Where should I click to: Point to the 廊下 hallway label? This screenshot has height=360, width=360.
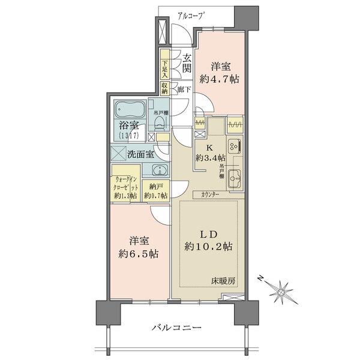[185, 89]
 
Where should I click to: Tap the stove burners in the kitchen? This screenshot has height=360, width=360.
[235, 145]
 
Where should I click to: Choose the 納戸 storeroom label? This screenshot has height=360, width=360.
[157, 187]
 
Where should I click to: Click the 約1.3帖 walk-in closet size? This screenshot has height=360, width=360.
[125, 196]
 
